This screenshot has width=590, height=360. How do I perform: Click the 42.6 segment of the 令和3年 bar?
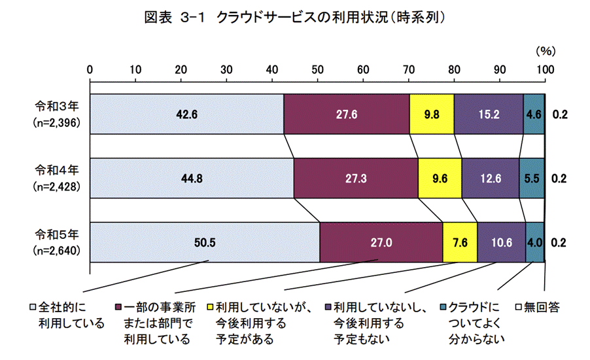(186, 114)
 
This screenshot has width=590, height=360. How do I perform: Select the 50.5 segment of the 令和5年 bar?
(205, 242)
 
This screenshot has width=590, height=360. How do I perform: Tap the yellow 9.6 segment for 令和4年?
(440, 178)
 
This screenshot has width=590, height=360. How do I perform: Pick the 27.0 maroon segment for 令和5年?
(381, 242)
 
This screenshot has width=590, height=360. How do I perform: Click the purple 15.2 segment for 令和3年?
(489, 114)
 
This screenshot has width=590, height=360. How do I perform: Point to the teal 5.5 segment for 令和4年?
(532, 178)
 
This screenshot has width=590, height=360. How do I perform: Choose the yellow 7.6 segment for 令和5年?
(460, 242)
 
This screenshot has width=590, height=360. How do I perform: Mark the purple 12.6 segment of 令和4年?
(490, 178)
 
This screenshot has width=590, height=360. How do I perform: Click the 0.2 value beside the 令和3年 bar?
(559, 114)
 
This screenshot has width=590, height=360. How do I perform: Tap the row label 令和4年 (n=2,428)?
(58, 178)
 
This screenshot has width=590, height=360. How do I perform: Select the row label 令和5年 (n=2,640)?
(58, 242)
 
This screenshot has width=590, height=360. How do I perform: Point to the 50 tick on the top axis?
(318, 69)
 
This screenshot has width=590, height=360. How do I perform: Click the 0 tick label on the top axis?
(90, 69)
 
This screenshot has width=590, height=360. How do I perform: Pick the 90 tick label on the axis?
(500, 69)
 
